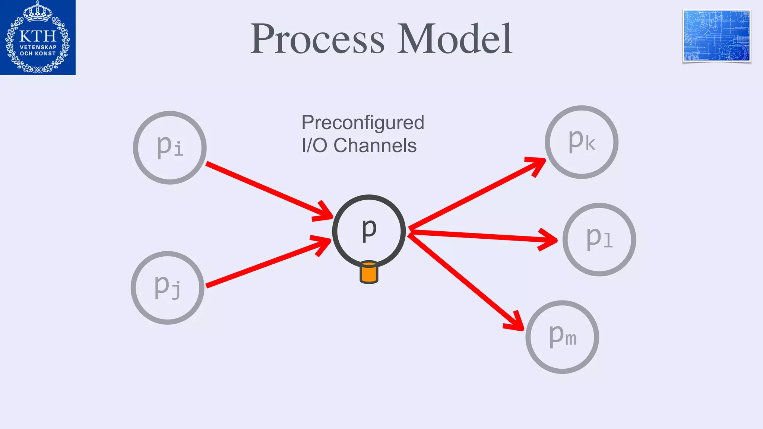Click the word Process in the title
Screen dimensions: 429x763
(x=317, y=39)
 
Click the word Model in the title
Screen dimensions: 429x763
(x=455, y=39)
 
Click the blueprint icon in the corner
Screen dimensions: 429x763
(x=716, y=36)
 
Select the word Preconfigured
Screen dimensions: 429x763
(x=362, y=123)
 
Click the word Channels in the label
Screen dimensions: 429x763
(x=375, y=146)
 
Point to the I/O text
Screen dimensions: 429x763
(x=314, y=146)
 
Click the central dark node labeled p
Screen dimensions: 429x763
(x=369, y=231)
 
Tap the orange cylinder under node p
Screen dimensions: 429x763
(x=369, y=273)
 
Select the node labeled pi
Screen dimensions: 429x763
(x=170, y=147)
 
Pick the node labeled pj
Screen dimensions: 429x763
(x=168, y=287)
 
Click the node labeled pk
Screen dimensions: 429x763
(x=582, y=142)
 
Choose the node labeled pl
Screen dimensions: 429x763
(x=599, y=239)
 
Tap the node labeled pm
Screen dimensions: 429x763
(x=562, y=337)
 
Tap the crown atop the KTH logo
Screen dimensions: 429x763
(x=37, y=11)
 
